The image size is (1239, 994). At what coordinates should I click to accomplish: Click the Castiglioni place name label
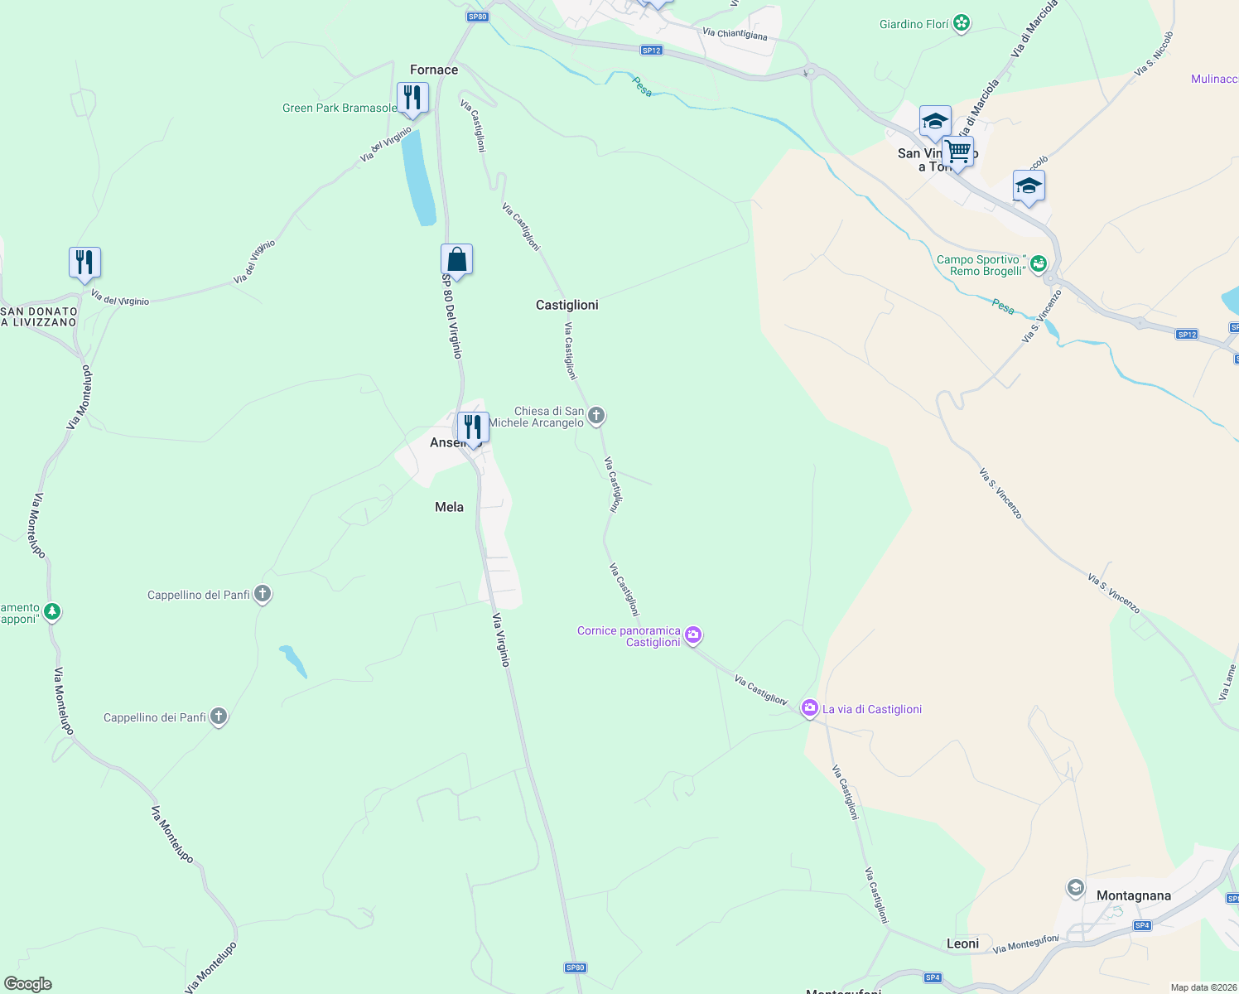click(566, 305)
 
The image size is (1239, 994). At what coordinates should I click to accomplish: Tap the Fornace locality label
click(434, 70)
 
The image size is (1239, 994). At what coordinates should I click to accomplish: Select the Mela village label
click(449, 507)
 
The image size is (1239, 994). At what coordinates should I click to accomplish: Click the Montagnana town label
click(1133, 895)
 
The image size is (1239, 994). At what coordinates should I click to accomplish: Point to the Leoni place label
click(962, 943)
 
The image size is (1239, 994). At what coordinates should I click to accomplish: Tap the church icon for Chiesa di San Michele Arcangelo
click(596, 416)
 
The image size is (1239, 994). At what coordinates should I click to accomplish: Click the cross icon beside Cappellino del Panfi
click(263, 594)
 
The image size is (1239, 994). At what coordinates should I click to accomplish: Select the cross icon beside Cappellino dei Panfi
click(219, 717)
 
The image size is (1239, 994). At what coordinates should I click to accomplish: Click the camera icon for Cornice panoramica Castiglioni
click(693, 635)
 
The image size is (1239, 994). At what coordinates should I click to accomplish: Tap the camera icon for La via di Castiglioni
click(809, 708)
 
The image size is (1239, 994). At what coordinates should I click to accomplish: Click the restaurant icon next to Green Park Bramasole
click(412, 98)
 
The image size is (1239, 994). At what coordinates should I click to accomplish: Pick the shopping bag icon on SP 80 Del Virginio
click(456, 259)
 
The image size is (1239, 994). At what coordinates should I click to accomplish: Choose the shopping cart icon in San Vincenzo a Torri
click(957, 152)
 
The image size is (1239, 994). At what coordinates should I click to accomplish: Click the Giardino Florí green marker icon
click(962, 23)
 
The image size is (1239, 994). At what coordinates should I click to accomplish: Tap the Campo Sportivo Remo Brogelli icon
click(1039, 264)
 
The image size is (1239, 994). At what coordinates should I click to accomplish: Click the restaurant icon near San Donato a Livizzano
click(84, 263)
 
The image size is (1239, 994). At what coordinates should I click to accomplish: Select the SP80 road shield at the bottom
click(576, 967)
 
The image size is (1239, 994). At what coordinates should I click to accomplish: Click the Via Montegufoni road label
click(1025, 943)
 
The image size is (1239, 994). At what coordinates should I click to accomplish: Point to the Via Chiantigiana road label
click(735, 34)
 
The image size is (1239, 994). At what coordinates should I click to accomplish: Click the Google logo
click(28, 983)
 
